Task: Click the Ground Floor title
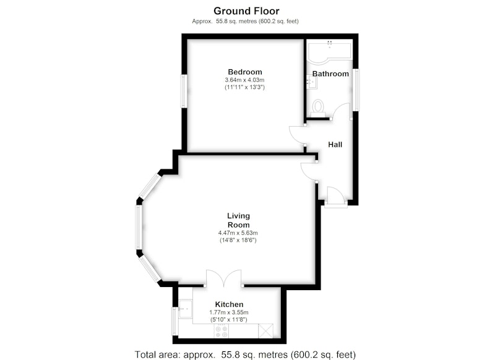(x=246, y=11)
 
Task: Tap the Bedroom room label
(x=245, y=72)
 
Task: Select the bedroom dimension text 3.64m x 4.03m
(x=244, y=80)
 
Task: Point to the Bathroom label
(x=330, y=74)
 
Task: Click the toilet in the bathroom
(x=318, y=106)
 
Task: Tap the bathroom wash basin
(x=312, y=82)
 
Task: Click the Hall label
(x=335, y=145)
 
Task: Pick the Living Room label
(x=239, y=220)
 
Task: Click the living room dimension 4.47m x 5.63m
(x=238, y=233)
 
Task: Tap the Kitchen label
(x=229, y=304)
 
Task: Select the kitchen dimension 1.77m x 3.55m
(x=229, y=312)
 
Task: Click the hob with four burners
(x=222, y=332)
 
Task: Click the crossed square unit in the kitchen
(x=265, y=331)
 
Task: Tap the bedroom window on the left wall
(x=184, y=91)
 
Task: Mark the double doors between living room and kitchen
(x=224, y=278)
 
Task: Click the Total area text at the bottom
(x=245, y=354)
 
